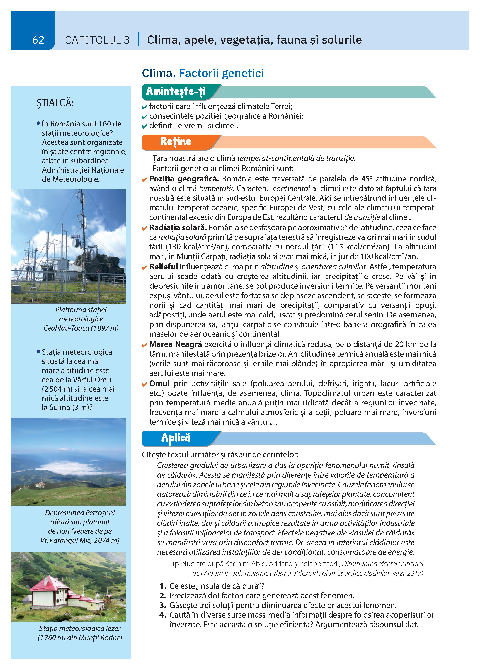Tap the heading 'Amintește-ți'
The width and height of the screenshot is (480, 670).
click(x=176, y=92)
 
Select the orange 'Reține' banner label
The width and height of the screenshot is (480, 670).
click(x=176, y=142)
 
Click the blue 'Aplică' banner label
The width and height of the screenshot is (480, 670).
click(x=176, y=438)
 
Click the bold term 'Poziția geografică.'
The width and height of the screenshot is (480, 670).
click(x=184, y=179)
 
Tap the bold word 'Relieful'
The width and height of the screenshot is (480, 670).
click(x=163, y=267)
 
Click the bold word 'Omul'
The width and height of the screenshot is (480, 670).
click(x=159, y=383)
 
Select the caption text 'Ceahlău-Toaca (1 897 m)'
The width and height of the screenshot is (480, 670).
click(x=81, y=328)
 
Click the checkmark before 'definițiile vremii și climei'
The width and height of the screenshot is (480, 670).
click(x=144, y=126)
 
